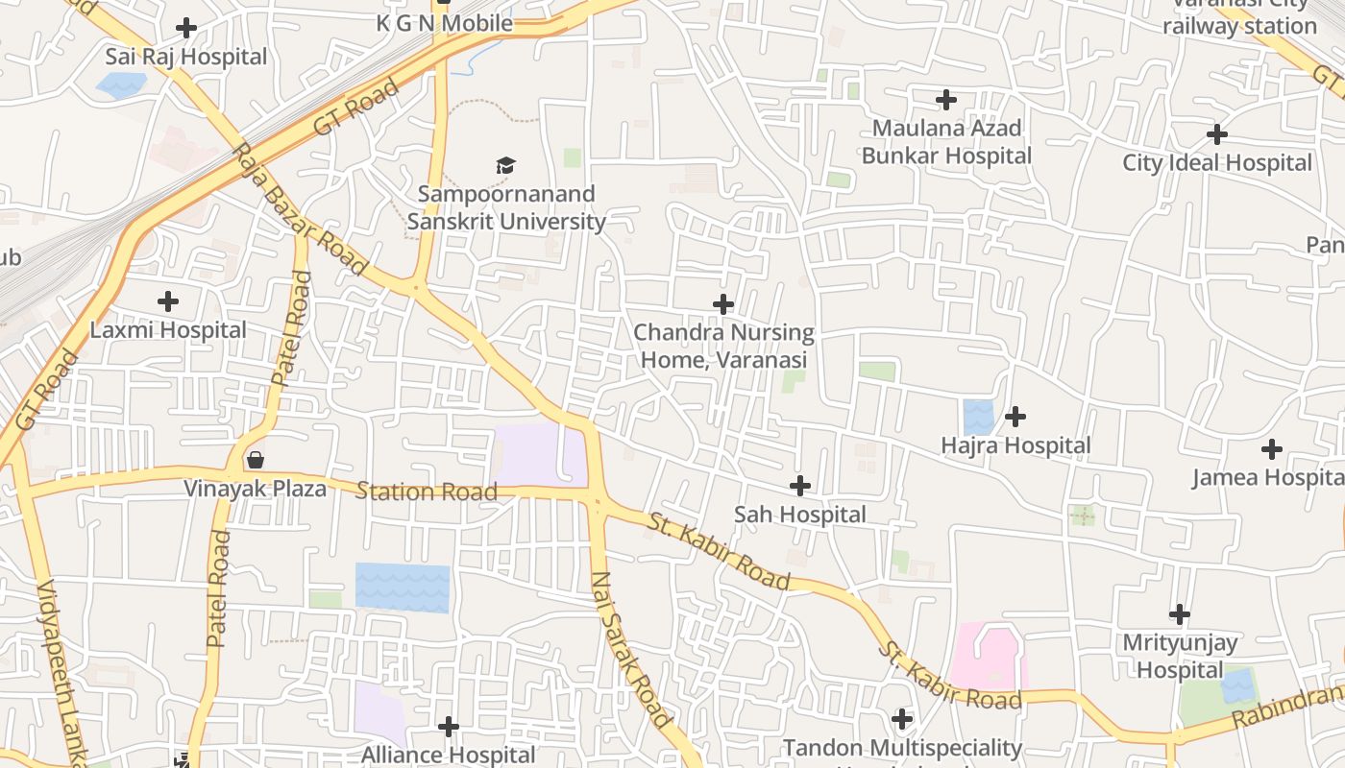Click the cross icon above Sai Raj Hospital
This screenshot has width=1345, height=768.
coord(186,28)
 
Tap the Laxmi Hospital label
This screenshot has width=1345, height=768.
coord(168,330)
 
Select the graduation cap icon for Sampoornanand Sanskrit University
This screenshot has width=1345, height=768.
coord(506,166)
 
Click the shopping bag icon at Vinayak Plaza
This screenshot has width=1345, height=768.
coord(256,460)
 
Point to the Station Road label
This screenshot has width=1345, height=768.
coord(427,492)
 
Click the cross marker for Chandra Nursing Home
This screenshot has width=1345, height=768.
coord(723,304)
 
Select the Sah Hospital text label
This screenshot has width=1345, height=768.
coord(800,515)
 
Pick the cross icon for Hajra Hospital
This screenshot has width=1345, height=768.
coord(1015,417)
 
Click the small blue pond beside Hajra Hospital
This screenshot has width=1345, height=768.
coord(978,418)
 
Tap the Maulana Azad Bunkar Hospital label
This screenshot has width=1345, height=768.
coord(946,142)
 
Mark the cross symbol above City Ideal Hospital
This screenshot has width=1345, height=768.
coord(1217,133)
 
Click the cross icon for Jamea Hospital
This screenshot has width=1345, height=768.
coord(1272,448)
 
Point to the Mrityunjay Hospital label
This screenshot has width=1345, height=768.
coord(1180,657)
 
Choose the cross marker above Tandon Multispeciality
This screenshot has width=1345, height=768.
coord(902,718)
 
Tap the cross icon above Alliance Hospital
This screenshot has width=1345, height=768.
coord(449,727)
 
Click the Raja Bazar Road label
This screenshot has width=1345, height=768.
coord(299,208)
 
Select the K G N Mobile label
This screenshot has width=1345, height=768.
coord(444,23)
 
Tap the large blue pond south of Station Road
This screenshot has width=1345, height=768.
coord(403,588)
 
